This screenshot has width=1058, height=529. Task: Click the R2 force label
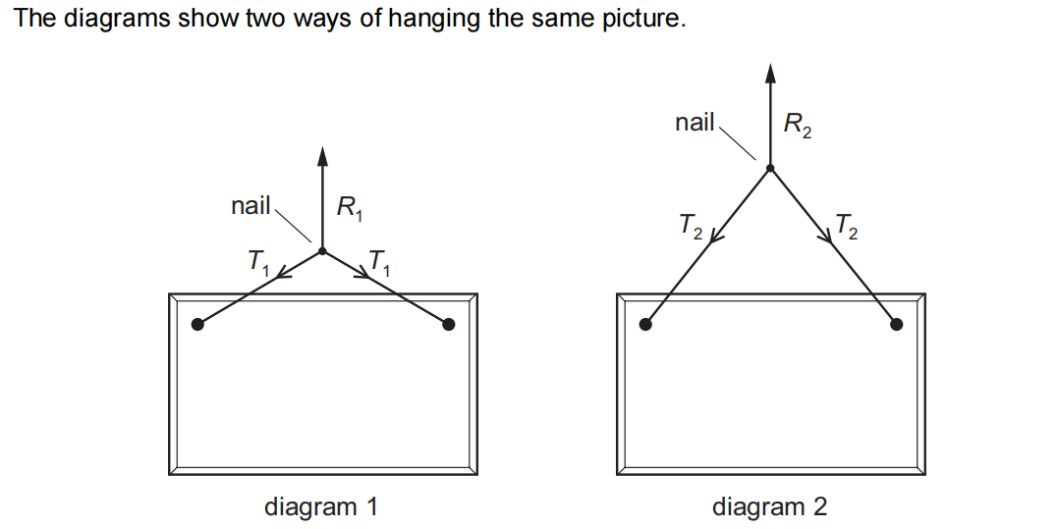pos(797,125)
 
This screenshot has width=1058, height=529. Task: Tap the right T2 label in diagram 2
pos(846,228)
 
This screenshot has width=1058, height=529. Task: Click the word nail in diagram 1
pos(251,206)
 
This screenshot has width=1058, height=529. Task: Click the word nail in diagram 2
pos(696,123)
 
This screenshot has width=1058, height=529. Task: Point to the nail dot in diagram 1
pos(322,251)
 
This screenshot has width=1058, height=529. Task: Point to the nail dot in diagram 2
pos(770,168)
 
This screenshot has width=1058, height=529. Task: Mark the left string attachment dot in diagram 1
pos(197,324)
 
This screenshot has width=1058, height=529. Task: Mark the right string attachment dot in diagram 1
pos(449,324)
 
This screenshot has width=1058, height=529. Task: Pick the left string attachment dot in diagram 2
pos(645,324)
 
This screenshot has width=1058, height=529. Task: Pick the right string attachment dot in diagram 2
pos(896,324)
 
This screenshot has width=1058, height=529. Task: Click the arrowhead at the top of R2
pos(770,72)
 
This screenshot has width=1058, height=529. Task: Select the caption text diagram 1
pos(321,506)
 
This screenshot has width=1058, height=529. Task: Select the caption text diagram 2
pos(769,506)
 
